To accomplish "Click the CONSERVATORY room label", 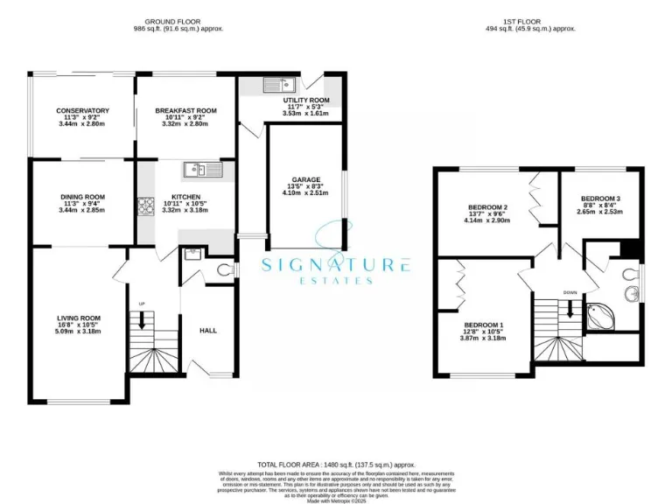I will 83,111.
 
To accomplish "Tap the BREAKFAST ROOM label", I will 185,111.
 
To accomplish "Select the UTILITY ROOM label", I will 305,101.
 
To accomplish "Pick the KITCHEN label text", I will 185,197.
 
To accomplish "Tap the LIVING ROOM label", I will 79,318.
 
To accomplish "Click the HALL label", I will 208,330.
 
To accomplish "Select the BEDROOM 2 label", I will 488,206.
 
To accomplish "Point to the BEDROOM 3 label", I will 599,198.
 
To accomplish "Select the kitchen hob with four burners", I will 144,207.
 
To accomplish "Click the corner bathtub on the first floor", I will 601,315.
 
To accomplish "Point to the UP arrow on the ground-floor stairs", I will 142,320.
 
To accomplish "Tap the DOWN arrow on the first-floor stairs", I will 570,308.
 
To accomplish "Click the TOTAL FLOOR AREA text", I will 336,465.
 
